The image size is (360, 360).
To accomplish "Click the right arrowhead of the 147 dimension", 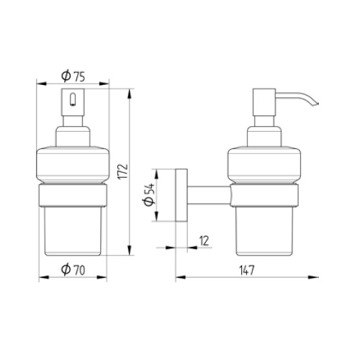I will tap(318, 276).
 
